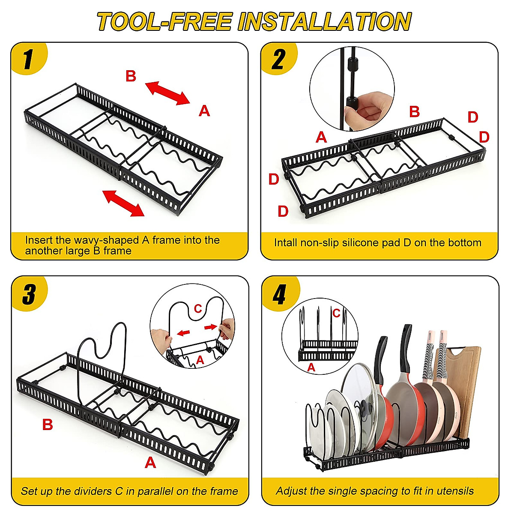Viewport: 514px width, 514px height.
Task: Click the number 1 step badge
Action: pyautogui.click(x=28, y=59)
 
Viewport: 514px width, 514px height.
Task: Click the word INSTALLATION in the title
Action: pyautogui.click(x=324, y=22)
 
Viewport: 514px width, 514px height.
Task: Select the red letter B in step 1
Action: pyautogui.click(x=131, y=76)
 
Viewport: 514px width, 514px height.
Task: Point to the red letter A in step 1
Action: pyautogui.click(x=204, y=111)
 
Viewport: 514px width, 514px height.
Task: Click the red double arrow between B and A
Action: pyautogui.click(x=167, y=93)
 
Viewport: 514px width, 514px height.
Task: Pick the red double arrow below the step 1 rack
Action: pyautogui.click(x=123, y=203)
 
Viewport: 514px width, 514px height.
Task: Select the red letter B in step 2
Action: pyautogui.click(x=414, y=112)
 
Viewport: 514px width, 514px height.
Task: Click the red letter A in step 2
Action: pyautogui.click(x=321, y=137)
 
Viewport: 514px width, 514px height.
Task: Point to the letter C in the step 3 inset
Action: pyautogui.click(x=197, y=308)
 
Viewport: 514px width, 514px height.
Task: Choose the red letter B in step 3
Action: pyautogui.click(x=47, y=424)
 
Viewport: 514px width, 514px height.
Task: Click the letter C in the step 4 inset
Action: pyautogui.click(x=336, y=314)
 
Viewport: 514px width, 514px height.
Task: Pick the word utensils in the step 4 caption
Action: pyautogui.click(x=454, y=491)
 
